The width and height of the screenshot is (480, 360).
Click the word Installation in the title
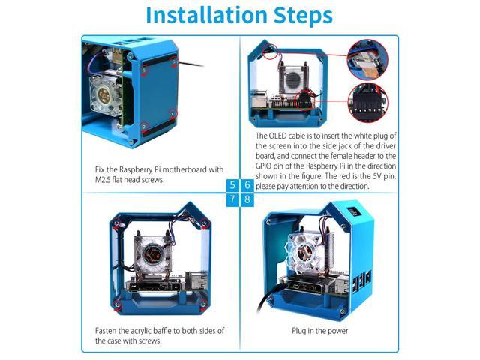(207, 15)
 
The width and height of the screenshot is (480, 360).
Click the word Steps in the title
(303, 16)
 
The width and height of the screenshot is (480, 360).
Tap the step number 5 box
(232, 185)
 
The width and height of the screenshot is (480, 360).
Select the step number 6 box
(247, 185)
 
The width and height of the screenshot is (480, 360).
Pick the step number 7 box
(232, 199)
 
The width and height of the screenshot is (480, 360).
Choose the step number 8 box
(247, 199)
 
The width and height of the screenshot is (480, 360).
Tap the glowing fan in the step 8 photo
(304, 251)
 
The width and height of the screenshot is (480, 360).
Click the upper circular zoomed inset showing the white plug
(367, 60)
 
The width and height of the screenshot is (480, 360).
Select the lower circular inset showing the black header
(368, 103)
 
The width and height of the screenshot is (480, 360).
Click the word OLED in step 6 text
(277, 136)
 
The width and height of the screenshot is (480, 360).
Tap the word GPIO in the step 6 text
(263, 166)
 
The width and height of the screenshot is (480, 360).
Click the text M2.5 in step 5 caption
(103, 180)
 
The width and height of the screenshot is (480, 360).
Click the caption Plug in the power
(320, 331)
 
